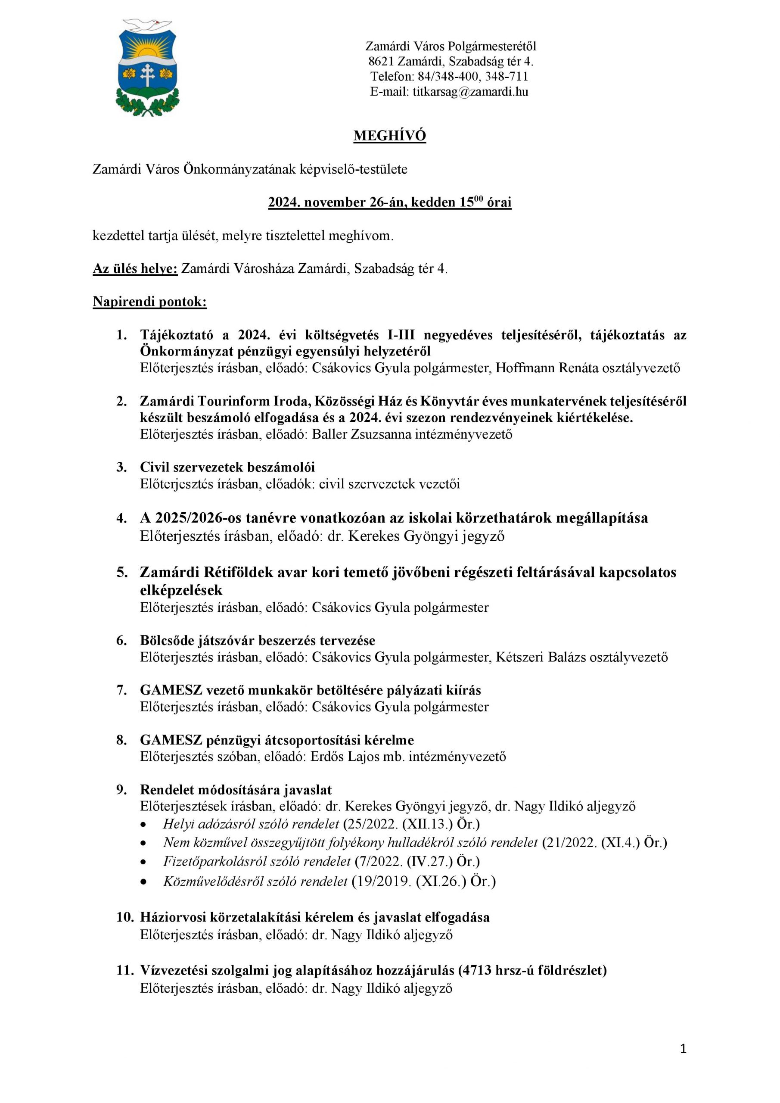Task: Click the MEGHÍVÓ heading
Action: point(389,136)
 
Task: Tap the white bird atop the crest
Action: point(147,24)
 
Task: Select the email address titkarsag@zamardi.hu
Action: point(470,92)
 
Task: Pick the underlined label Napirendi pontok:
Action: point(150,302)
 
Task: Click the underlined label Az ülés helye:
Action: point(135,268)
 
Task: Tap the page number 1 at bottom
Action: point(683,1049)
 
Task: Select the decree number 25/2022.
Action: point(372,824)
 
